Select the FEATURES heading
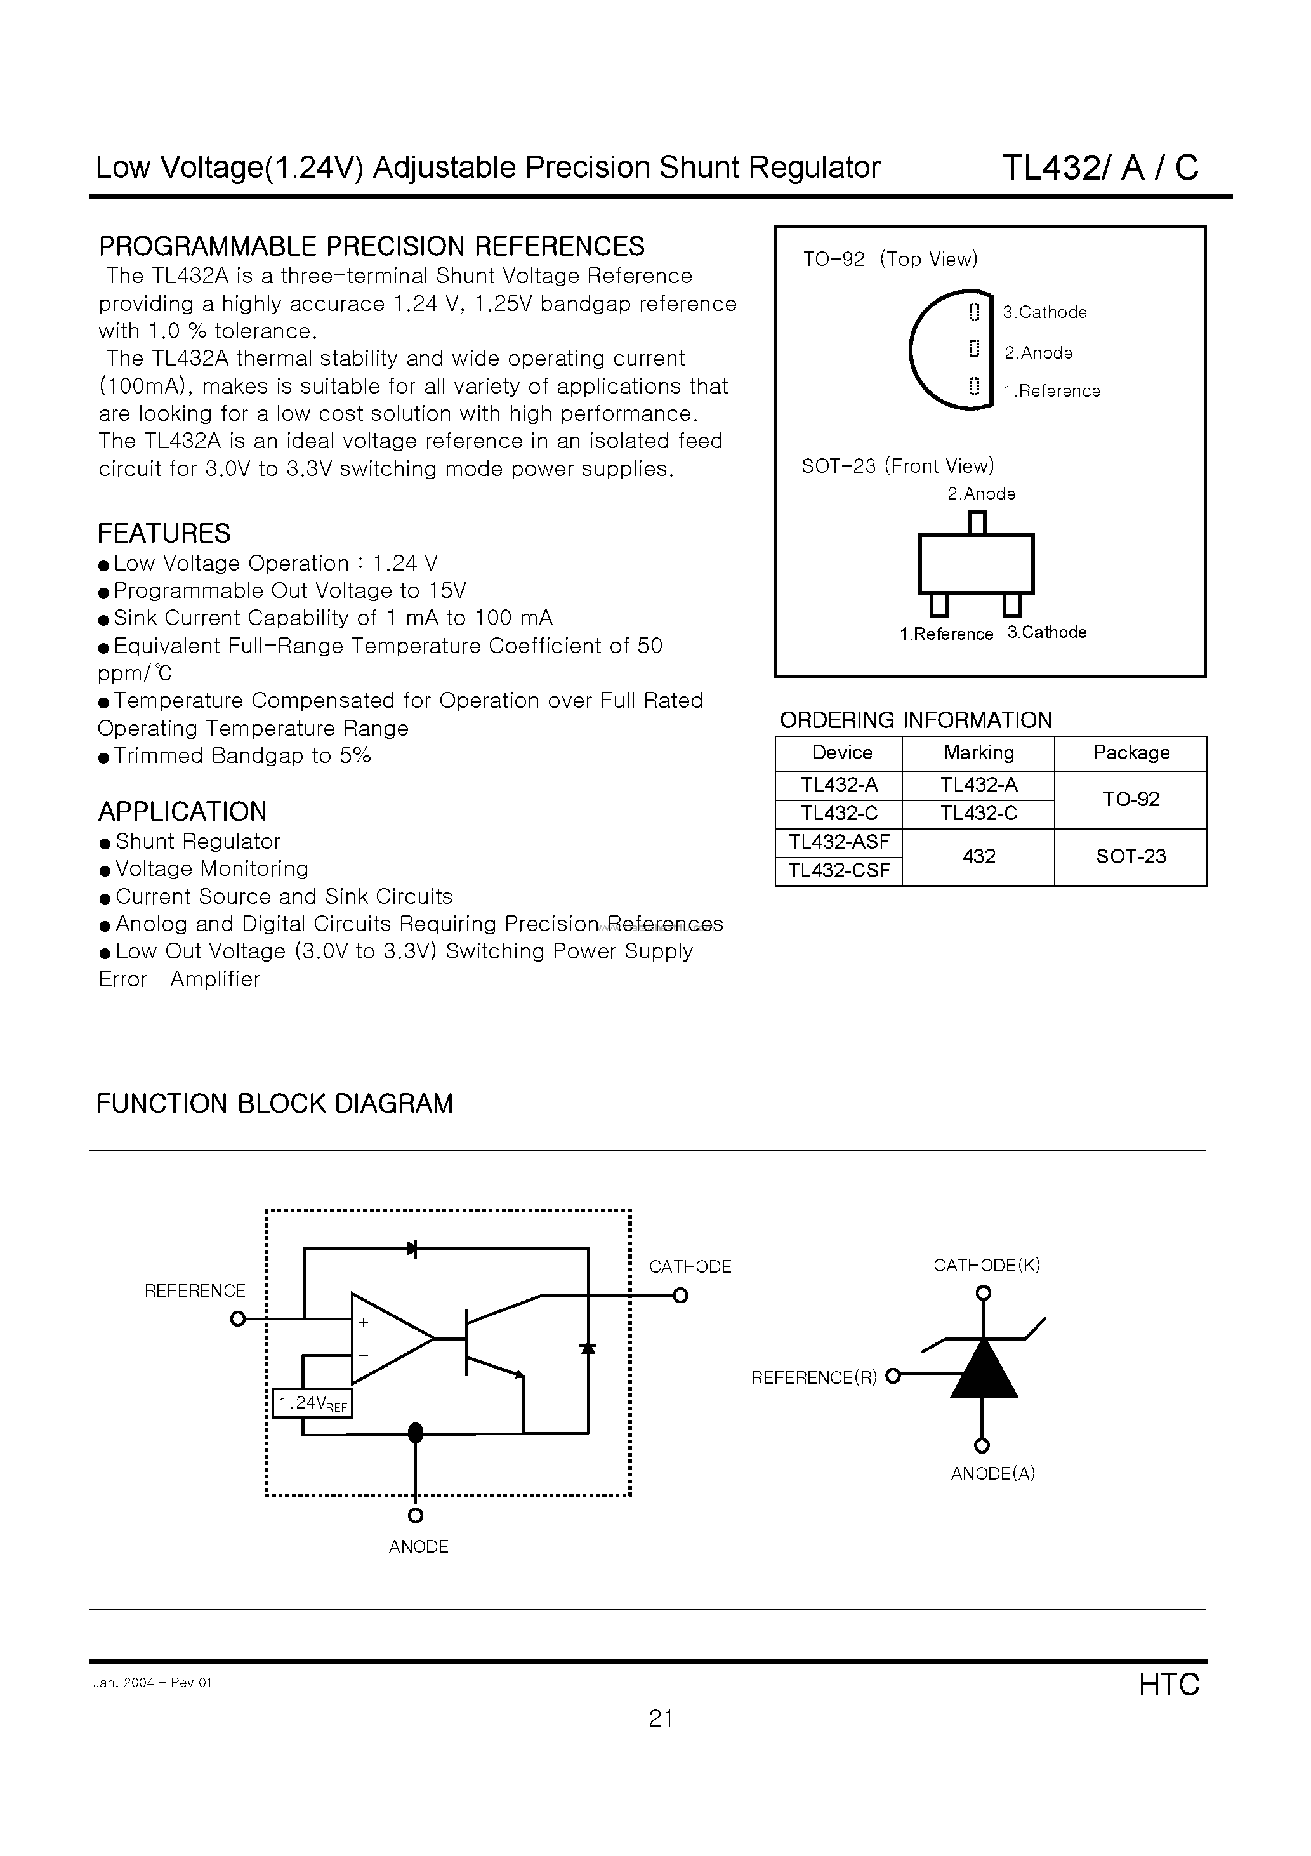[164, 534]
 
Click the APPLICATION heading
[182, 812]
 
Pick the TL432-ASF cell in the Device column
[839, 842]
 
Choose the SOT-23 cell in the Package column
[1131, 857]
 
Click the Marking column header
[978, 753]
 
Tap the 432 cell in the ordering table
[978, 857]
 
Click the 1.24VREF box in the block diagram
[313, 1403]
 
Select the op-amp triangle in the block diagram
[386, 1339]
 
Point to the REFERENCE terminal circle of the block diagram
[237, 1319]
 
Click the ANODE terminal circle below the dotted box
[416, 1515]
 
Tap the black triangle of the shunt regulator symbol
[983, 1370]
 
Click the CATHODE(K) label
[986, 1266]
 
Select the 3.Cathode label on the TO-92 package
[1044, 313]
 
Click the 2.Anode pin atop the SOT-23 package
[977, 523]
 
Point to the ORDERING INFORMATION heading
[915, 720]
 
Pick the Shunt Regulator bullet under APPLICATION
[197, 842]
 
